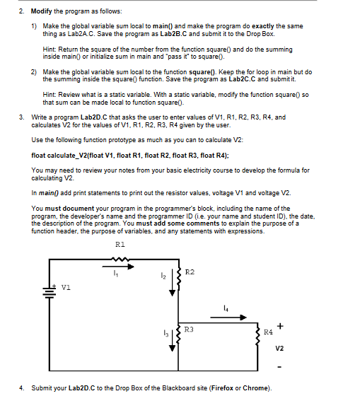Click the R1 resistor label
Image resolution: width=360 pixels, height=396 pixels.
click(x=120, y=244)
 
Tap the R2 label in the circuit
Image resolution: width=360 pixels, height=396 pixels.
click(x=190, y=272)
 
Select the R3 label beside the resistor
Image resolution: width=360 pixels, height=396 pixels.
click(x=189, y=330)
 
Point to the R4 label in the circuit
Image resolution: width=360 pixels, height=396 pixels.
click(x=268, y=332)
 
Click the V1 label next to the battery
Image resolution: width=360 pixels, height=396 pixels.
click(x=66, y=287)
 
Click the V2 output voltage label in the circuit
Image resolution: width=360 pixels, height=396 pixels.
click(x=279, y=349)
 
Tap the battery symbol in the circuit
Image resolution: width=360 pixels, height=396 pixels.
click(x=50, y=292)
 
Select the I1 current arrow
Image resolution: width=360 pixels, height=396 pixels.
click(x=118, y=267)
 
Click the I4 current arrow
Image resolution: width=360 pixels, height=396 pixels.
click(x=228, y=318)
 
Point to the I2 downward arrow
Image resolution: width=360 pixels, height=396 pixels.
click(x=173, y=283)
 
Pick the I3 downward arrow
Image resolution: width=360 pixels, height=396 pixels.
click(x=173, y=340)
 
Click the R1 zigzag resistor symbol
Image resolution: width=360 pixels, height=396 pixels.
click(x=120, y=259)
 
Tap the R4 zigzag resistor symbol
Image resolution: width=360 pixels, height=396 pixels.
click(x=257, y=336)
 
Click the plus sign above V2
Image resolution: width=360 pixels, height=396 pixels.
click(x=280, y=326)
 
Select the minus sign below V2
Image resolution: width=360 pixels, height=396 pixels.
click(x=279, y=366)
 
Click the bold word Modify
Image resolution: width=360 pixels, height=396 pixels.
click(x=42, y=11)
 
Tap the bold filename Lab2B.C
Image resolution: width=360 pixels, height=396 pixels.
click(x=173, y=34)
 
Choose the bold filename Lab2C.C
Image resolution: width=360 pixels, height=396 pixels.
click(x=243, y=79)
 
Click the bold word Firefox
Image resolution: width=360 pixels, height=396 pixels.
click(x=222, y=388)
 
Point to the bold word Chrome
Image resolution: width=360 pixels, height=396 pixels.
click(x=255, y=388)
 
